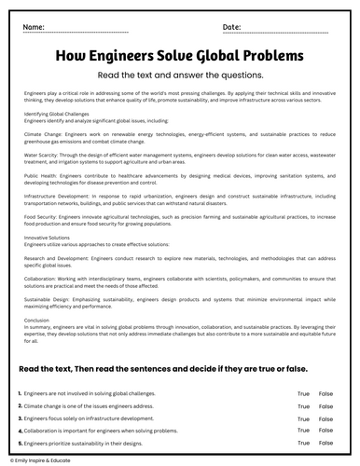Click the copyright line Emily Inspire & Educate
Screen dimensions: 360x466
click(x=41, y=460)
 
